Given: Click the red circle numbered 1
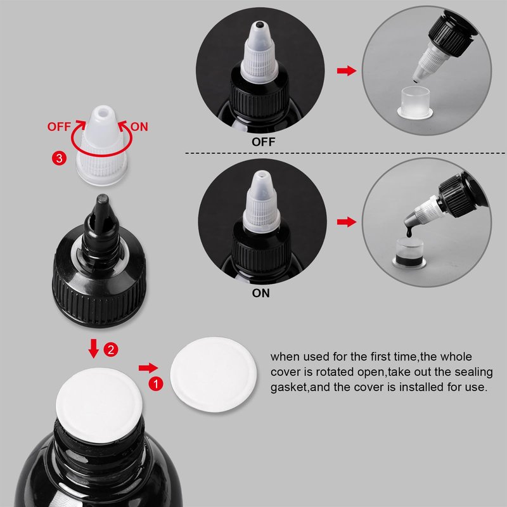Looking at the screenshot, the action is (156, 384).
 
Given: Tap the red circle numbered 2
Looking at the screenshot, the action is (111, 350).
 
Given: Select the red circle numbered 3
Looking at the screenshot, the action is (59, 158).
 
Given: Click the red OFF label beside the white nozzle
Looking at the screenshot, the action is (59, 127).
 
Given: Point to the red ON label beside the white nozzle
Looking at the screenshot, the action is (139, 127).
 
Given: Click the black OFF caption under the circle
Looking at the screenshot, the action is (263, 142).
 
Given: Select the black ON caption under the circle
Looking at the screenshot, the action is (260, 293).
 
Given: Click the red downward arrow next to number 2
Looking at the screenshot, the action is (94, 348).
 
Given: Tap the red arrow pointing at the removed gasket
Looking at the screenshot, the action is (148, 368).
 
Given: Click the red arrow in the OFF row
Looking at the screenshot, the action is (347, 70).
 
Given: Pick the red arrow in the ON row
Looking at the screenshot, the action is (347, 222).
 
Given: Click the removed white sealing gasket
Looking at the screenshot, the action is (214, 375).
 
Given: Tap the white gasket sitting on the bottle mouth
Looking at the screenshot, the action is (99, 405).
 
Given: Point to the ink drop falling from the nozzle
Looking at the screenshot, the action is (409, 231).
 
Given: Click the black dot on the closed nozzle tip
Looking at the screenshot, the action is (259, 24).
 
